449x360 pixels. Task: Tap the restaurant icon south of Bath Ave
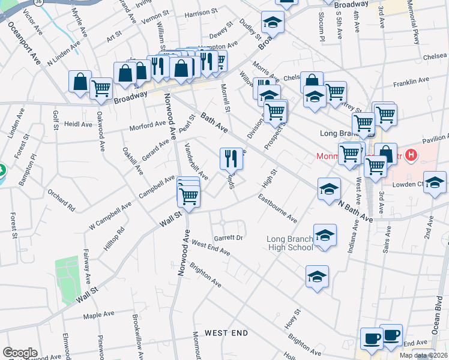click(x=231, y=158)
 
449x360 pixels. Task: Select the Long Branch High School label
click(x=290, y=244)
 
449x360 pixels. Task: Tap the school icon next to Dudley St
click(x=273, y=22)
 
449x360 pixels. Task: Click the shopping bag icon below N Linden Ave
click(x=80, y=81)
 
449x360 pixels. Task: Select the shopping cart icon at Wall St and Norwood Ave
click(x=188, y=196)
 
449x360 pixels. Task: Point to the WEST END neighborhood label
click(x=226, y=332)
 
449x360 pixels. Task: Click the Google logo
click(x=20, y=353)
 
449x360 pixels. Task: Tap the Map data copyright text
click(x=423, y=355)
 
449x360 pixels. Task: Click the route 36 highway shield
click(x=38, y=2)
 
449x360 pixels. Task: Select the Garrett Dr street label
click(x=228, y=238)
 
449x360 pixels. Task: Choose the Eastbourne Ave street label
click(x=277, y=208)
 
